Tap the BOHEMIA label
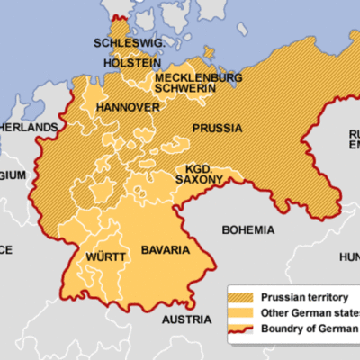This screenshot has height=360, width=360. click(247, 229)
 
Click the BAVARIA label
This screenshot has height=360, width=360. click(166, 248)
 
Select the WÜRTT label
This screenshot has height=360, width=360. click(105, 257)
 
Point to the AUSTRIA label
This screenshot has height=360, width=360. click(186, 320)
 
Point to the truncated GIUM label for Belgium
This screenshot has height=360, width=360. click(13, 175)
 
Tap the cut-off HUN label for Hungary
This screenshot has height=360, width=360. click(348, 257)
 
